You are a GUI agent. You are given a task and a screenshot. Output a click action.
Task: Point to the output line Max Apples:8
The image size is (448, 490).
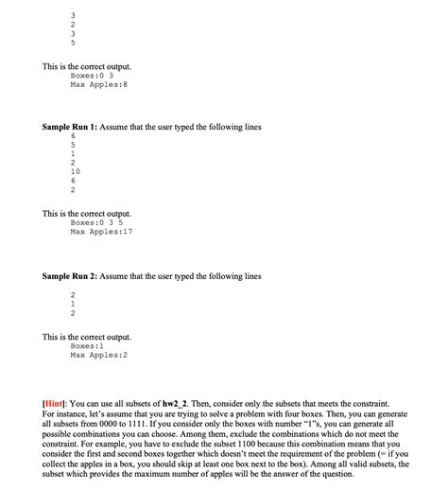tap(98, 84)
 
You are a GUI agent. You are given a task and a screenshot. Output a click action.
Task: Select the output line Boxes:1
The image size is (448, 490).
tap(92, 345)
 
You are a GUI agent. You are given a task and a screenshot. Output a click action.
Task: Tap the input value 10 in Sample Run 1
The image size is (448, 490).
tap(76, 171)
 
